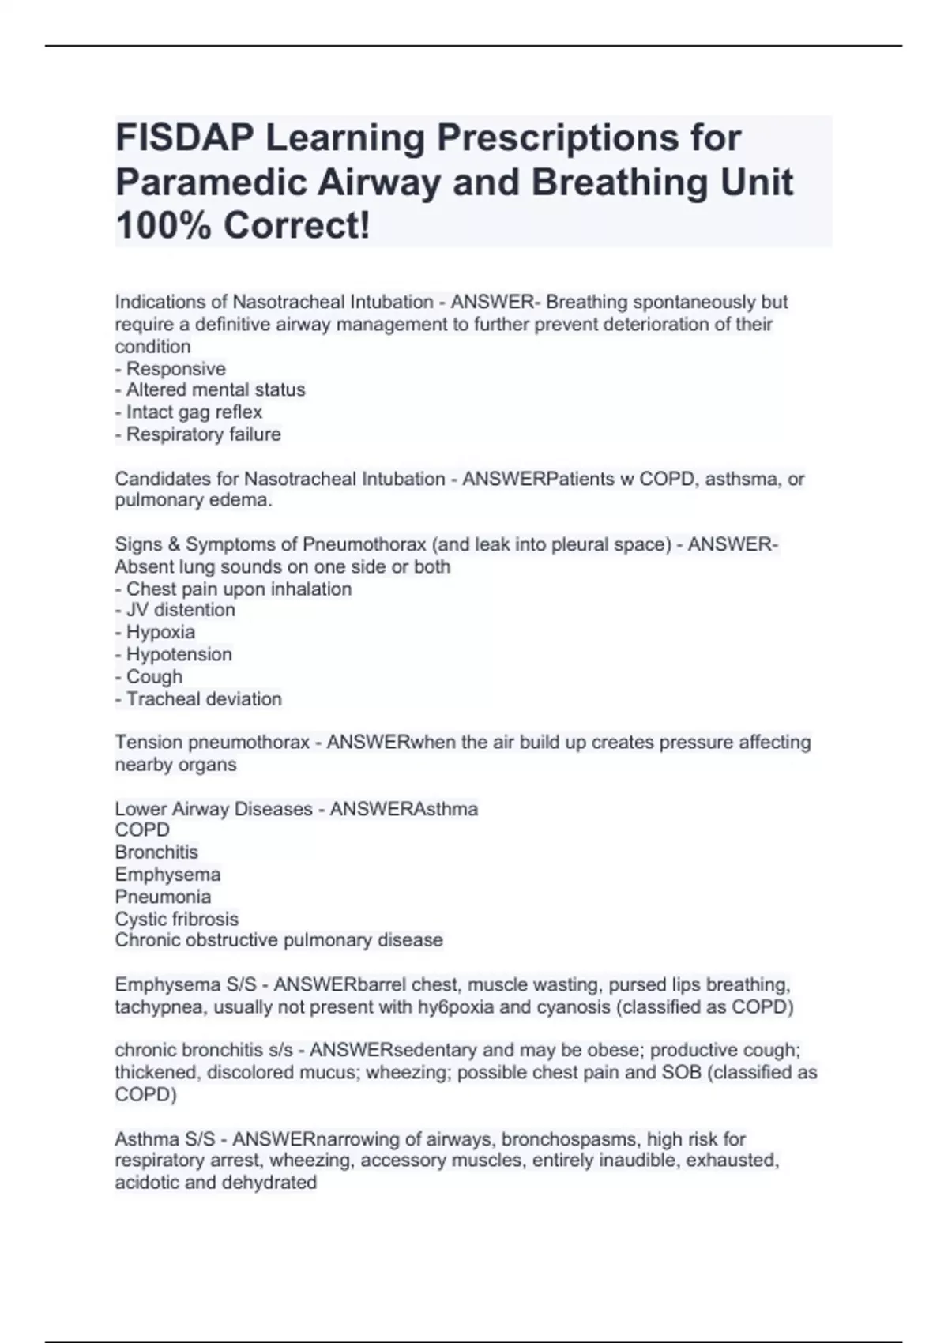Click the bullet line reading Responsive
point(171,369)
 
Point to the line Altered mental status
point(210,389)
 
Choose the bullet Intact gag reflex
point(189,412)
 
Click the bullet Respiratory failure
point(198,434)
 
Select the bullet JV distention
point(175,610)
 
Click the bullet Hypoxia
point(156,632)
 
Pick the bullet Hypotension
point(174,654)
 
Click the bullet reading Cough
point(149,677)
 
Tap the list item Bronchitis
point(156,852)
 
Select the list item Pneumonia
point(163,897)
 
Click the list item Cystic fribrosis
point(176,919)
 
